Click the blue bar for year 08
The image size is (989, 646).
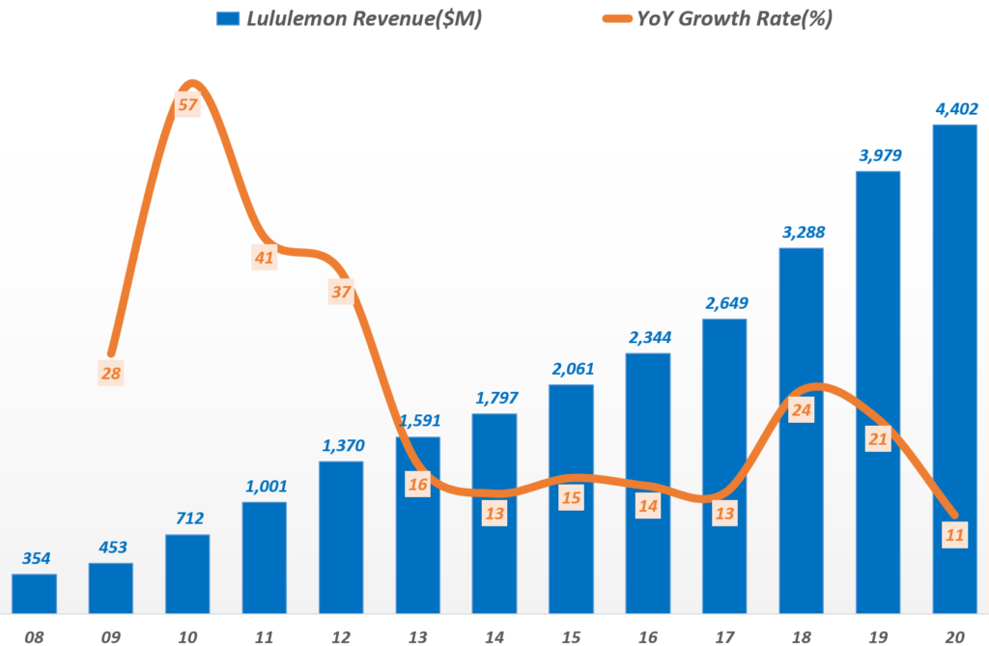pyautogui.click(x=34, y=593)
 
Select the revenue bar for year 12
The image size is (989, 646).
pyautogui.click(x=341, y=537)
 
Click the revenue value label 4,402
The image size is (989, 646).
pyautogui.click(x=954, y=109)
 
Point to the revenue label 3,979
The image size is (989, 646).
pyautogui.click(x=877, y=155)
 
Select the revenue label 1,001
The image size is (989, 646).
pyautogui.click(x=265, y=487)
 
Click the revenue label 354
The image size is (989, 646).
pyautogui.click(x=34, y=558)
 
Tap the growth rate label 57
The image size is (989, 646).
pyautogui.click(x=187, y=103)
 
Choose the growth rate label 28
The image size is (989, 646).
pyautogui.click(x=111, y=373)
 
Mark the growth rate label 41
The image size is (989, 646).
pyautogui.click(x=264, y=257)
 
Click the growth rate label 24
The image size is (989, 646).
pyautogui.click(x=801, y=410)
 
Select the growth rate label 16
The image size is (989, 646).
pyautogui.click(x=417, y=484)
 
